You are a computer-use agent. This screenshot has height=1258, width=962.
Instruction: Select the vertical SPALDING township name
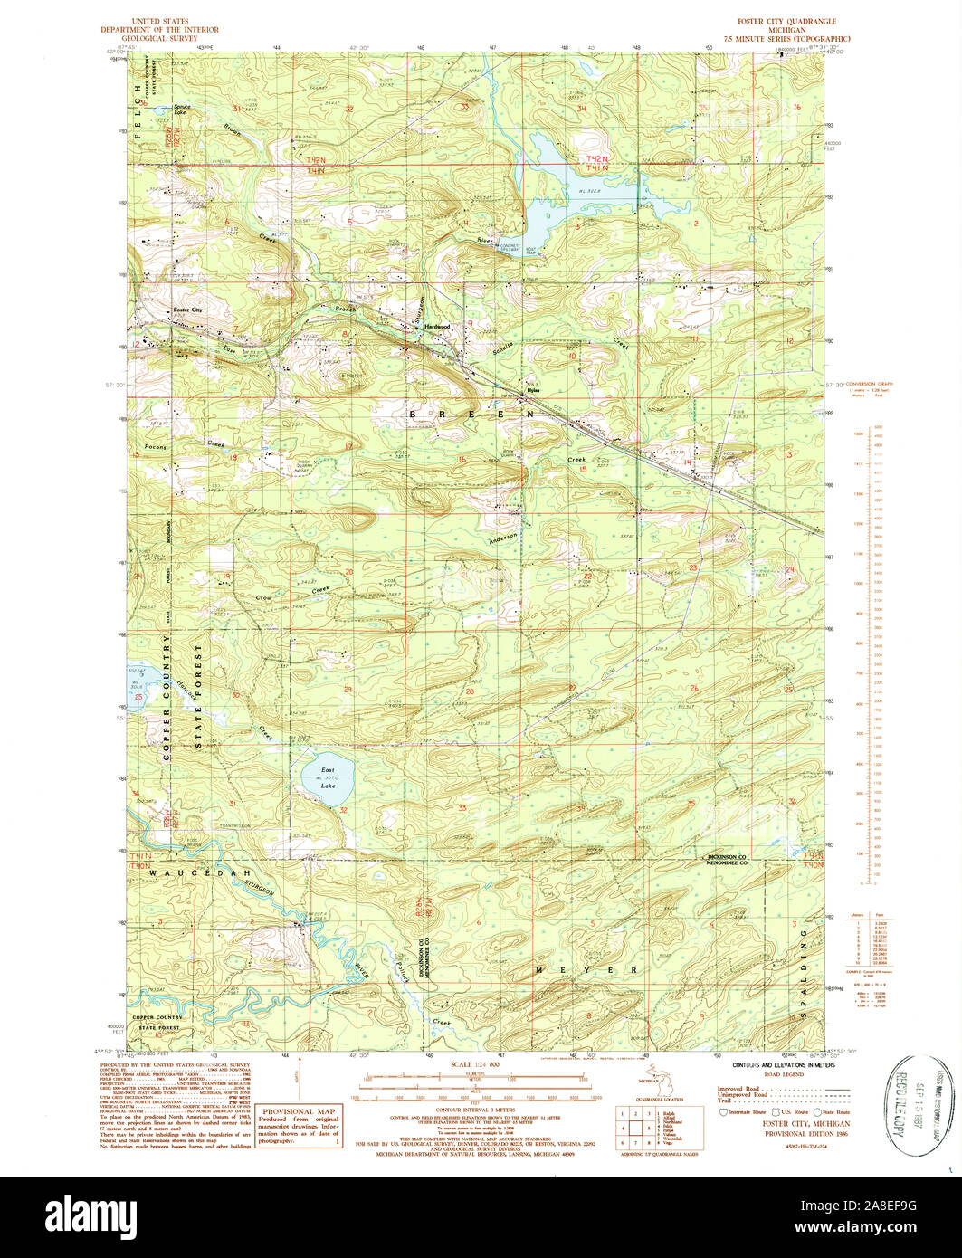803,974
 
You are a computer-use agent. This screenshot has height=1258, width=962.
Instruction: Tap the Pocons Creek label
178,445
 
